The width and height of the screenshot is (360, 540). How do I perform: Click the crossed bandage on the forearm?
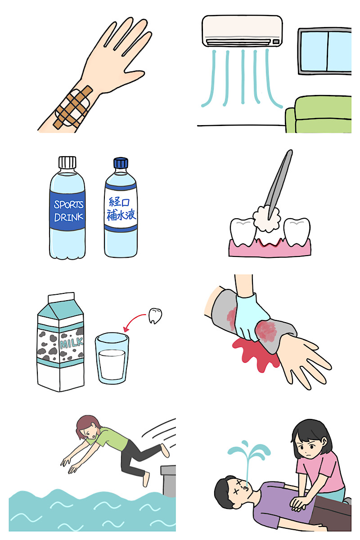pyautogui.click(x=73, y=107)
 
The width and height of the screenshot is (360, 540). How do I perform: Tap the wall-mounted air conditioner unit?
pyautogui.click(x=242, y=31)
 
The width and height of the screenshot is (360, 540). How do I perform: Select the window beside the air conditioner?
pyautogui.click(x=324, y=51)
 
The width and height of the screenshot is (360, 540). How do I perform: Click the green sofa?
pyautogui.click(x=318, y=114)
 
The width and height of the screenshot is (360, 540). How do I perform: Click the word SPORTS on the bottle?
pyautogui.click(x=68, y=205)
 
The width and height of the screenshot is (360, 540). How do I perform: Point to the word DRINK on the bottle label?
pyautogui.click(x=69, y=217)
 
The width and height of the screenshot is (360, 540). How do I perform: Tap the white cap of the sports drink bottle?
pyautogui.click(x=67, y=162)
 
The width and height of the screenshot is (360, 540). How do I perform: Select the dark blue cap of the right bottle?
pyautogui.click(x=121, y=163)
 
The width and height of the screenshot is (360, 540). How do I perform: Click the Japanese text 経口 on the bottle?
pyautogui.click(x=119, y=202)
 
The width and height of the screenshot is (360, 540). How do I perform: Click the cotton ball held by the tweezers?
pyautogui.click(x=266, y=219)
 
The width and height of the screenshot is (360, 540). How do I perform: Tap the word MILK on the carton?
pyautogui.click(x=72, y=343)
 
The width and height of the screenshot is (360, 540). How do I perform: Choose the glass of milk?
pyautogui.click(x=112, y=358)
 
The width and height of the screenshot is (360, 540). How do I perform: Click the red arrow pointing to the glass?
pyautogui.click(x=133, y=320)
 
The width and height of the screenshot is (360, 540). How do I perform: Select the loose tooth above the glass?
pyautogui.click(x=155, y=315)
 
